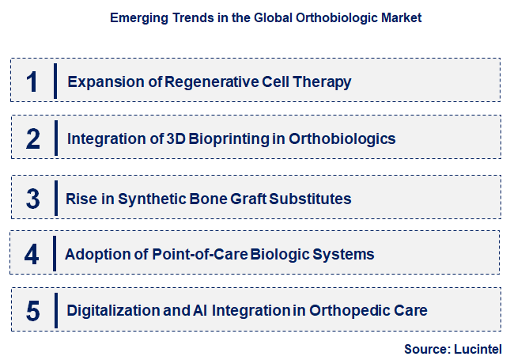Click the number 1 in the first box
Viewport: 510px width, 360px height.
(x=32, y=81)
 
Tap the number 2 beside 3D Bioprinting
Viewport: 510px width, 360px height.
(x=32, y=139)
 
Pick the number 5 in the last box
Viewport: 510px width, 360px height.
(x=32, y=311)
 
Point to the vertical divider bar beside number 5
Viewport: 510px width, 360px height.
(x=55, y=311)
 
